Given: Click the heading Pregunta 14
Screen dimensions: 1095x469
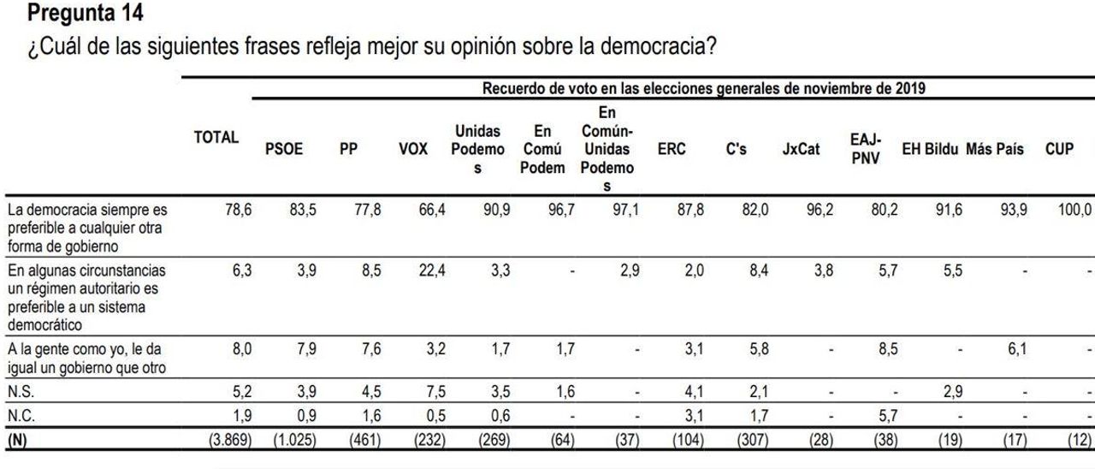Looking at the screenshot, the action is click(x=85, y=13).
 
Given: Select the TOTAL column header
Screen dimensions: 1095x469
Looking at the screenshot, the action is click(x=216, y=138).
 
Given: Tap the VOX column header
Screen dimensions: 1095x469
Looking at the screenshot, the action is click(x=413, y=149).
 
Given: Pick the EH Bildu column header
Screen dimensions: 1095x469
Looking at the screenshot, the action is click(x=930, y=149).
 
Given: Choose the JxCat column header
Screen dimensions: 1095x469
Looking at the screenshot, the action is click(x=801, y=149).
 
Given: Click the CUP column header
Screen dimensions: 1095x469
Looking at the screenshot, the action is click(x=1059, y=149).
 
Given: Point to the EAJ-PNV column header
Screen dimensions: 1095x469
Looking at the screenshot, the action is click(x=865, y=149).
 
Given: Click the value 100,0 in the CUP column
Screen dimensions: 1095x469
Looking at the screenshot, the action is click(x=1074, y=210).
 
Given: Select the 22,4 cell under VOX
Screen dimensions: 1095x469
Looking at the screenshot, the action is click(x=432, y=270).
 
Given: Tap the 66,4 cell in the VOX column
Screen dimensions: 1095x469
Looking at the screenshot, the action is click(x=432, y=210).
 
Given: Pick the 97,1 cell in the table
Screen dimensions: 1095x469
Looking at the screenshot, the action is click(x=625, y=210).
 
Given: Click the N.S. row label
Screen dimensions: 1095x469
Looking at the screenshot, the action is click(x=21, y=392).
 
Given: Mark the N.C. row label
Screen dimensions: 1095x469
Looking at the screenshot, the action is click(x=21, y=416).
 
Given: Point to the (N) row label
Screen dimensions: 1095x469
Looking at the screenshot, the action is click(x=17, y=440).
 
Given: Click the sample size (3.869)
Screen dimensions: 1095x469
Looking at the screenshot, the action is click(x=230, y=440).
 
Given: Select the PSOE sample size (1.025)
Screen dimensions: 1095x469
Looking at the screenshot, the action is click(x=295, y=440).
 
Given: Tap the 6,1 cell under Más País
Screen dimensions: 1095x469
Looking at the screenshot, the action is click(x=1017, y=349).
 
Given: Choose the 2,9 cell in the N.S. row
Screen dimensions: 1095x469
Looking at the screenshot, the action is click(x=953, y=392).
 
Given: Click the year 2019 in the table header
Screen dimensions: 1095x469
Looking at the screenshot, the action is click(x=910, y=88).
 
